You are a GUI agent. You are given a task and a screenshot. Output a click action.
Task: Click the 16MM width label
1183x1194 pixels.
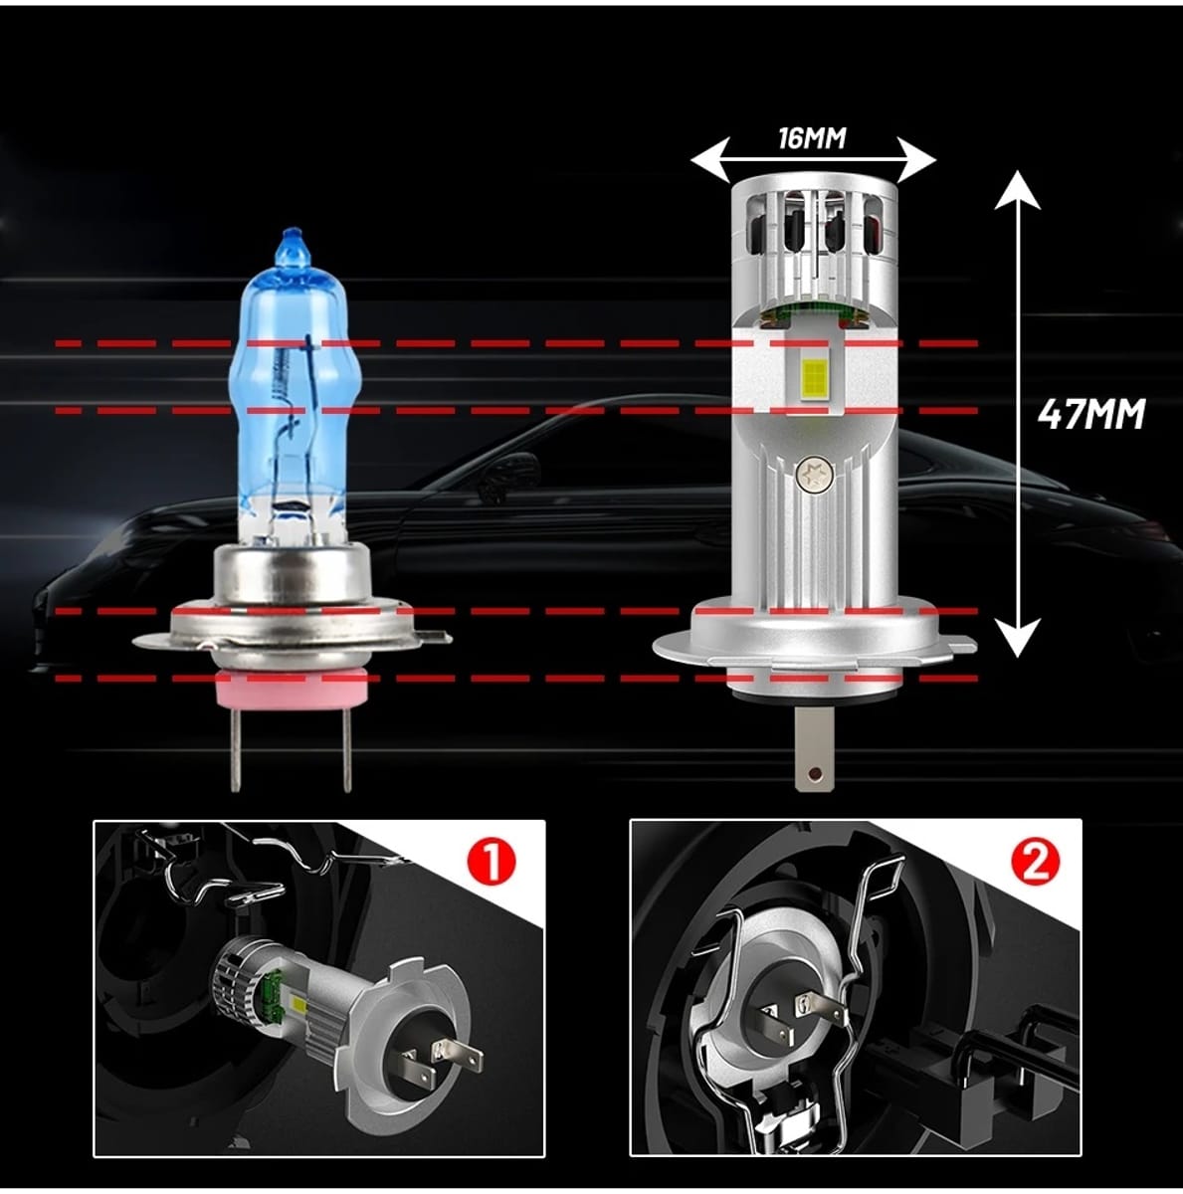coord(812,138)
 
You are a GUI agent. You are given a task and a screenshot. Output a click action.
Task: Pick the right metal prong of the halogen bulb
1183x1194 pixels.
coord(346,750)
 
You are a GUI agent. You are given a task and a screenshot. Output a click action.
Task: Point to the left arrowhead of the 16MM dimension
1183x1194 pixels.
coord(710,160)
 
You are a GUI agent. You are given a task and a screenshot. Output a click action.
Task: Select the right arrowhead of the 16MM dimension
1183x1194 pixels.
coord(916,160)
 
